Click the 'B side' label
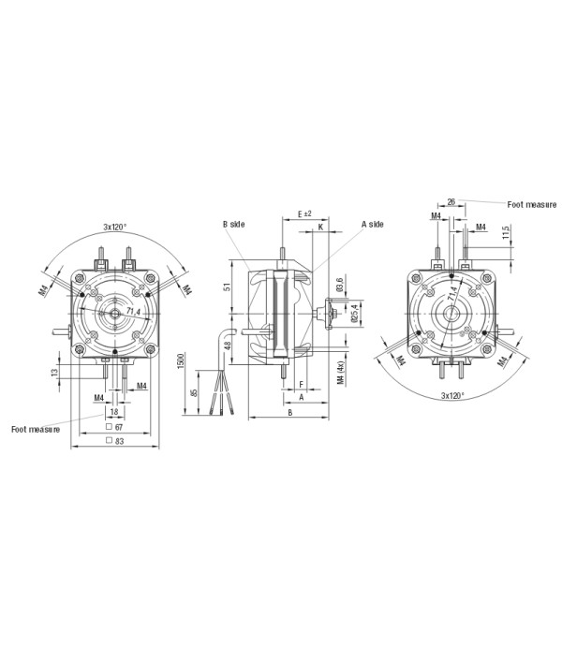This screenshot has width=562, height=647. [x=233, y=225]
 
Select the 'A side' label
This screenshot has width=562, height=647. [x=372, y=225]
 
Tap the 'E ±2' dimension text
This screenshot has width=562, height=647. [x=303, y=213]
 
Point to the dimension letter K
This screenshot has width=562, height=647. [x=320, y=227]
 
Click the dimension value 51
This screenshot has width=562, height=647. [x=227, y=287]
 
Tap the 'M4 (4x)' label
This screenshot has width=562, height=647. [x=339, y=376]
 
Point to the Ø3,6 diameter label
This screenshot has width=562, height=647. [x=339, y=284]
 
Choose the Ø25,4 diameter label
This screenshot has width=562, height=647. [x=350, y=312]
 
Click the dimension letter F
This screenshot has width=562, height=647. [x=300, y=384]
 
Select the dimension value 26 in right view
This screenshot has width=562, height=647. [x=451, y=201]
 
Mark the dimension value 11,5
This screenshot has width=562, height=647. [x=506, y=231]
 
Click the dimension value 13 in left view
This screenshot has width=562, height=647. [x=55, y=372]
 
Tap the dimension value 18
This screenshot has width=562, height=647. [x=114, y=412]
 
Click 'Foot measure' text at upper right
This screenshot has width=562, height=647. [x=531, y=203]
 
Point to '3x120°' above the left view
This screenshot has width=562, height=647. [x=116, y=227]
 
